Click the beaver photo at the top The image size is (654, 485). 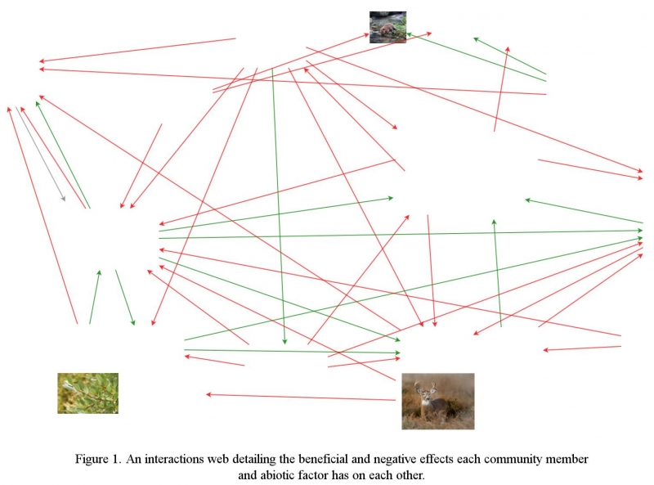pyautogui.click(x=387, y=27)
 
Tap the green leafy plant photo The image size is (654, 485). pyautogui.click(x=88, y=393)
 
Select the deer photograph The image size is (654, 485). pyautogui.click(x=438, y=401)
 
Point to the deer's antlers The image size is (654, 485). pyautogui.click(x=424, y=386)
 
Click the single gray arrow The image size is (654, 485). pyautogui.click(x=40, y=154)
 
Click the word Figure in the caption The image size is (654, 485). pyautogui.click(x=92, y=460)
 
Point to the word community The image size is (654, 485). pyautogui.click(x=514, y=460)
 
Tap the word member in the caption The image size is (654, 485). pyautogui.click(x=568, y=459)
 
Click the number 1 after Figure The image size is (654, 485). pyautogui.click(x=115, y=459)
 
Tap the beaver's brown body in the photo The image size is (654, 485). pyautogui.click(x=387, y=30)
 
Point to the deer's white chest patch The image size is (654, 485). pyautogui.click(x=425, y=402)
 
